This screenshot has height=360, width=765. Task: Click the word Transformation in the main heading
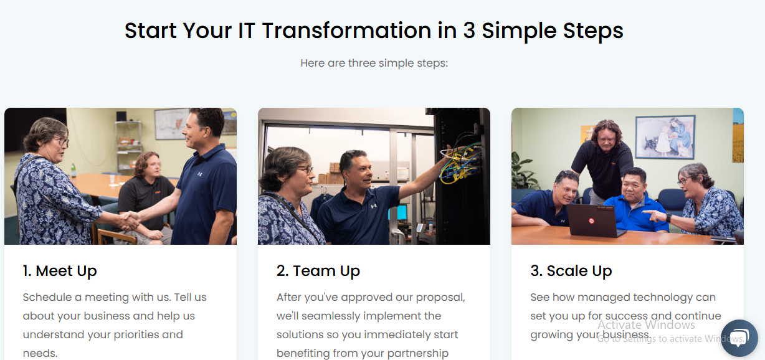pyautogui.click(x=346, y=31)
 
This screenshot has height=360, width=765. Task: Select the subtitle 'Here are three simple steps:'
pyautogui.click(x=374, y=63)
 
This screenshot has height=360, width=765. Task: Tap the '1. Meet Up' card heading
pyautogui.click(x=60, y=271)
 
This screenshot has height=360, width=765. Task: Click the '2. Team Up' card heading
pyautogui.click(x=318, y=271)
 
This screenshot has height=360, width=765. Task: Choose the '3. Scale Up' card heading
pyautogui.click(x=571, y=271)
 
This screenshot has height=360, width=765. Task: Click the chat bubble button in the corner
pyautogui.click(x=739, y=338)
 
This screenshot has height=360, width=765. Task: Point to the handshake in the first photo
pyautogui.click(x=130, y=220)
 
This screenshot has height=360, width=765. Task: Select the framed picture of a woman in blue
pyautogui.click(x=665, y=137)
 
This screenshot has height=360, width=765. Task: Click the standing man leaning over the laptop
pyautogui.click(x=603, y=161)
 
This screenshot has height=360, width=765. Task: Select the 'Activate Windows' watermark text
pyautogui.click(x=646, y=325)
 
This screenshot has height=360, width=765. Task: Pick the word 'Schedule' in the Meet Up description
pyautogui.click(x=47, y=297)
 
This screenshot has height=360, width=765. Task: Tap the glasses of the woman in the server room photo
pyautogui.click(x=305, y=169)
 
